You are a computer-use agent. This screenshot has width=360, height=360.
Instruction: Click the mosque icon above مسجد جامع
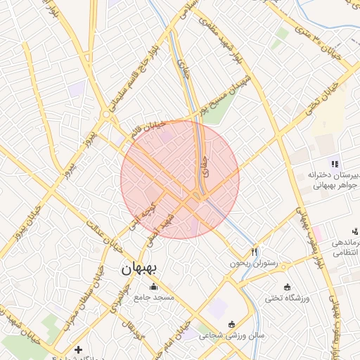click(x=154, y=286)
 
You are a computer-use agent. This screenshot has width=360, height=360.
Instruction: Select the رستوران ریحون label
click(x=254, y=263)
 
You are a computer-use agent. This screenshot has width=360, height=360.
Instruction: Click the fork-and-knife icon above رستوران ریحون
click(x=255, y=251)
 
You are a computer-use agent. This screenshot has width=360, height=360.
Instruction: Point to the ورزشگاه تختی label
click(x=286, y=299)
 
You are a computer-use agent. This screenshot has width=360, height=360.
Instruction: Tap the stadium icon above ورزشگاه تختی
click(x=286, y=287)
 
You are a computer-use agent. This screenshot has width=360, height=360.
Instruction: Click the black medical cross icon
click(x=78, y=349)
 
